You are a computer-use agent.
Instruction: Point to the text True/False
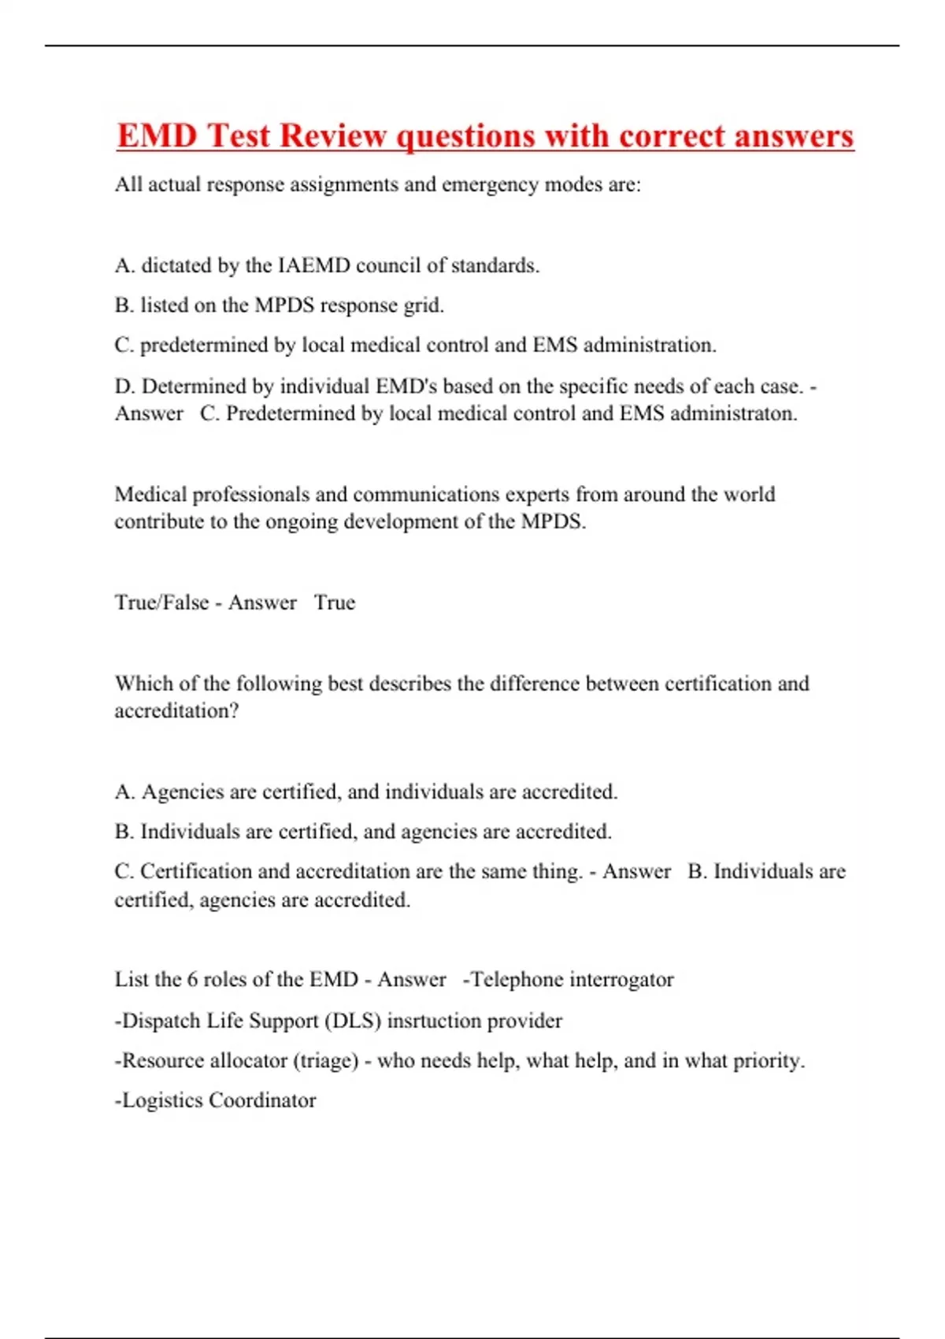161,603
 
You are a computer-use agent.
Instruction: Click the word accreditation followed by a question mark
176,710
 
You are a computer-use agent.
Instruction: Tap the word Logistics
163,1100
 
